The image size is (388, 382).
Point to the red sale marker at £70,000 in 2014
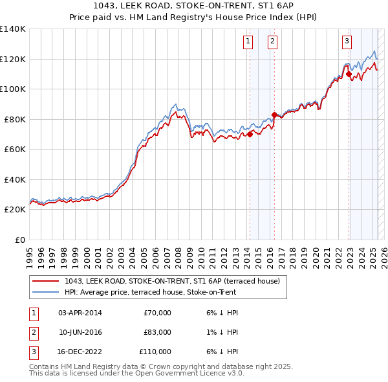point(249,135)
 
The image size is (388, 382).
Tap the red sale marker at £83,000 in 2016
point(274,115)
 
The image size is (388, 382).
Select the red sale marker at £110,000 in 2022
point(349,74)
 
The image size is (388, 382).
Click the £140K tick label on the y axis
point(12,29)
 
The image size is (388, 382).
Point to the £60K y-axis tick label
point(15,149)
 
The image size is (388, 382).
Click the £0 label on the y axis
point(20,240)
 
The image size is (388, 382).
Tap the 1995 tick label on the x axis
point(30,253)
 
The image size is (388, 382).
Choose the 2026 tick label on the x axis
point(382,253)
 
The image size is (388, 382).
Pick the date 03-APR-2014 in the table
point(80,313)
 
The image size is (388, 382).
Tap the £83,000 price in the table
point(156,332)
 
